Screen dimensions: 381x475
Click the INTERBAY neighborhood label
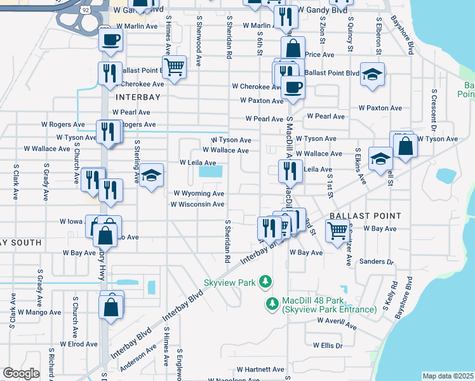point(138,97)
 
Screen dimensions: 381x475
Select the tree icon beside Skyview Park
point(268,281)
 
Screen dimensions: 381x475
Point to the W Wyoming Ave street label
point(199,194)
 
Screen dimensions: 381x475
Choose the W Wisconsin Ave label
point(197,204)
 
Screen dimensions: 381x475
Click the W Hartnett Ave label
point(261,370)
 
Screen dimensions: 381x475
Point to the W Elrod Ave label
point(79,344)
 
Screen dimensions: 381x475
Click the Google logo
point(21,373)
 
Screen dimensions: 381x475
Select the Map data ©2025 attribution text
point(448,376)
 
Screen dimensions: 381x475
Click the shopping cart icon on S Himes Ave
point(174,66)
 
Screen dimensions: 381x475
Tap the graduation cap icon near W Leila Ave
point(151,176)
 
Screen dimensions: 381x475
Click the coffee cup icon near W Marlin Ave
point(110,40)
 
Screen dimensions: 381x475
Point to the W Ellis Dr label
point(327,346)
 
